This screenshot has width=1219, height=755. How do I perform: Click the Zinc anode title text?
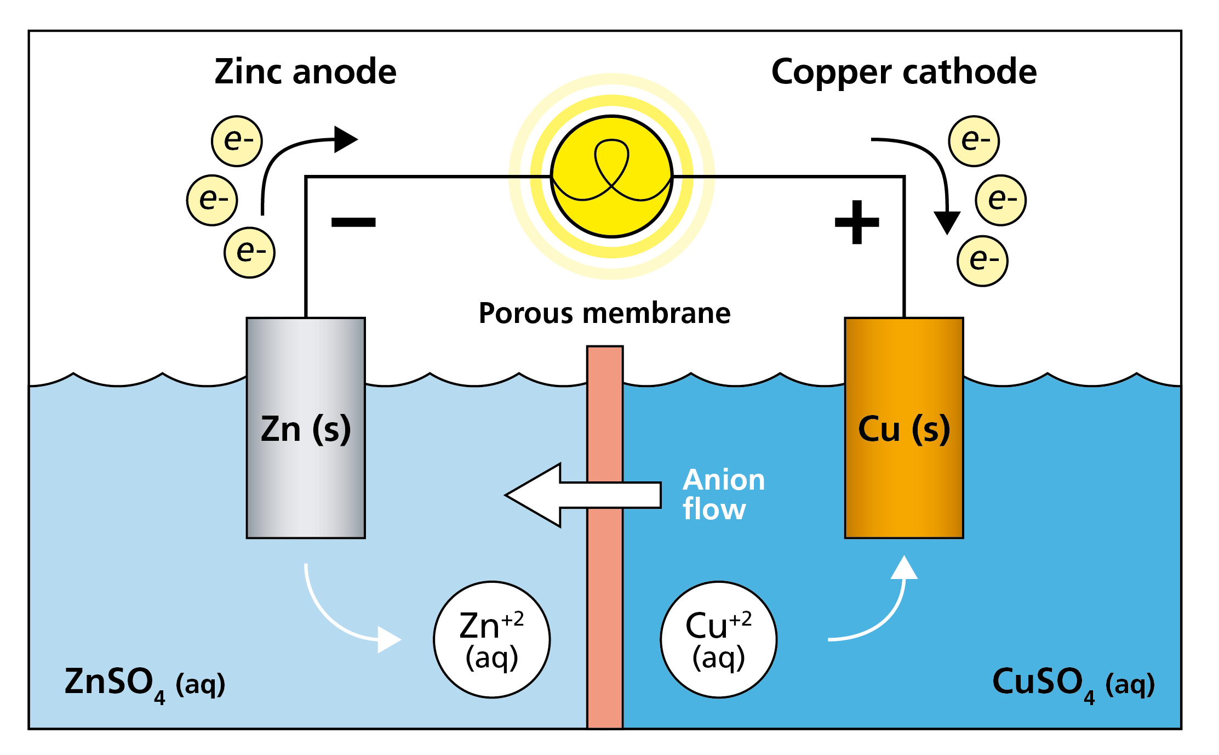(305, 72)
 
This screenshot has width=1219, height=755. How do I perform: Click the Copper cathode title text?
(903, 72)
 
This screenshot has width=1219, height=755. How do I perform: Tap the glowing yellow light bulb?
(611, 177)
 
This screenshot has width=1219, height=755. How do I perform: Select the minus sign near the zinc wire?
(353, 222)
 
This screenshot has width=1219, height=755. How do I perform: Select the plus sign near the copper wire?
(856, 222)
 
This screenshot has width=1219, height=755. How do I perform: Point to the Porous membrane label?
(604, 313)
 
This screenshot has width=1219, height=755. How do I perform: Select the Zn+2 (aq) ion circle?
(491, 639)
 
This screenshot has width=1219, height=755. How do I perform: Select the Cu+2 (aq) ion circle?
(718, 639)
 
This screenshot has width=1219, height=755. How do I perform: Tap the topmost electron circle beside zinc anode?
(237, 141)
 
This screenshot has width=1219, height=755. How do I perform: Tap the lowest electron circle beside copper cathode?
(982, 261)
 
